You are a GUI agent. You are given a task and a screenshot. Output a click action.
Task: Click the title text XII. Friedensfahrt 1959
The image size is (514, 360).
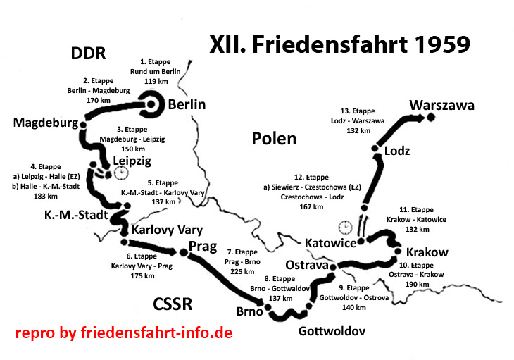click(x=340, y=45)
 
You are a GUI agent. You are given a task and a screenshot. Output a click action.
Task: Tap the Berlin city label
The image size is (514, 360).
click(x=187, y=105)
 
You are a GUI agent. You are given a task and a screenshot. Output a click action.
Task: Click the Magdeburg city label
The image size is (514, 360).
click(x=45, y=123)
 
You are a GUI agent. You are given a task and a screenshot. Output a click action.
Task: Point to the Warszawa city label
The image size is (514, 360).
click(x=441, y=106)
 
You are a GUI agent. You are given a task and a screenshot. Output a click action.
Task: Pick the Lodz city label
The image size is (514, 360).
click(x=396, y=151)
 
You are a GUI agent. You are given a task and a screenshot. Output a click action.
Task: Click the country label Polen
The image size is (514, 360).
click(x=274, y=138)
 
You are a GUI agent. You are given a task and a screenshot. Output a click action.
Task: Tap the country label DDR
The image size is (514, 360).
click(x=88, y=54)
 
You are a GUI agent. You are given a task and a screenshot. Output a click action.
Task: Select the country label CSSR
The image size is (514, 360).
click(x=173, y=304)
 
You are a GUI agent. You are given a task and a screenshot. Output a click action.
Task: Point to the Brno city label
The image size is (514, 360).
click(x=249, y=311)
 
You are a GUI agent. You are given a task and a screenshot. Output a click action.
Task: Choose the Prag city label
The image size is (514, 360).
click(x=203, y=246)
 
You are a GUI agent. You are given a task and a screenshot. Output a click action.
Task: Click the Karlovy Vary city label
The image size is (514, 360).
click(x=167, y=230)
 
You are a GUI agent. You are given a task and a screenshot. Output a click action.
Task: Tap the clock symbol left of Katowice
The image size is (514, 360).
click(x=345, y=227)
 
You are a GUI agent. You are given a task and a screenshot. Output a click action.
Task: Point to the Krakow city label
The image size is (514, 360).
click(x=427, y=252)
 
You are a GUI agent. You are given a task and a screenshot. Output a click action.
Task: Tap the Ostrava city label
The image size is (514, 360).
click(x=308, y=265)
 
